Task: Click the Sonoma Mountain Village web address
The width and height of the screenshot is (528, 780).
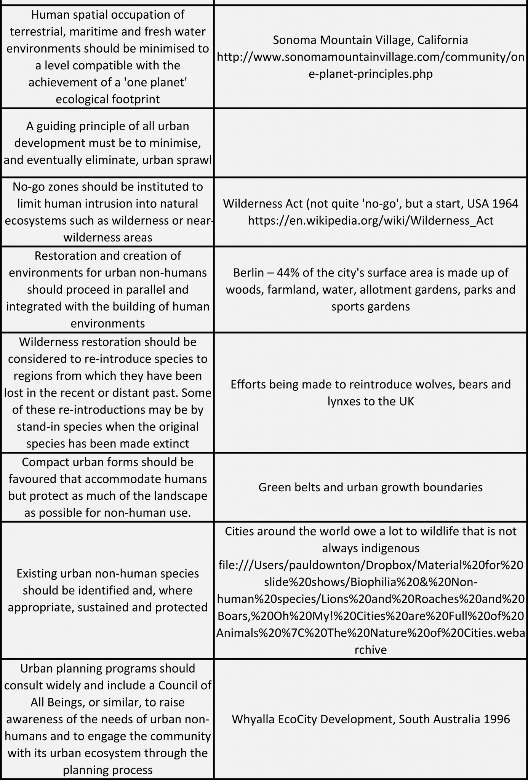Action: pos(370,57)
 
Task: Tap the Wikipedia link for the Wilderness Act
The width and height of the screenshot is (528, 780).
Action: pos(370,221)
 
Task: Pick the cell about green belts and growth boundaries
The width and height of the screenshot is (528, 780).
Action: pos(370,487)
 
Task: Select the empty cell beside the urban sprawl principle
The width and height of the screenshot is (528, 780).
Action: pos(370,143)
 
